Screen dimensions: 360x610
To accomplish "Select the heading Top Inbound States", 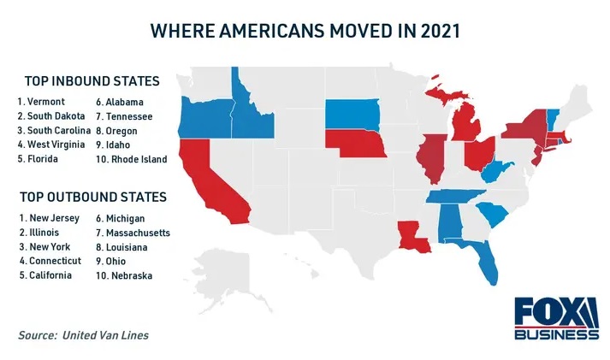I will pos(92,81).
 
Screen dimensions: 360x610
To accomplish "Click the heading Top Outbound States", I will pos(95,197).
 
